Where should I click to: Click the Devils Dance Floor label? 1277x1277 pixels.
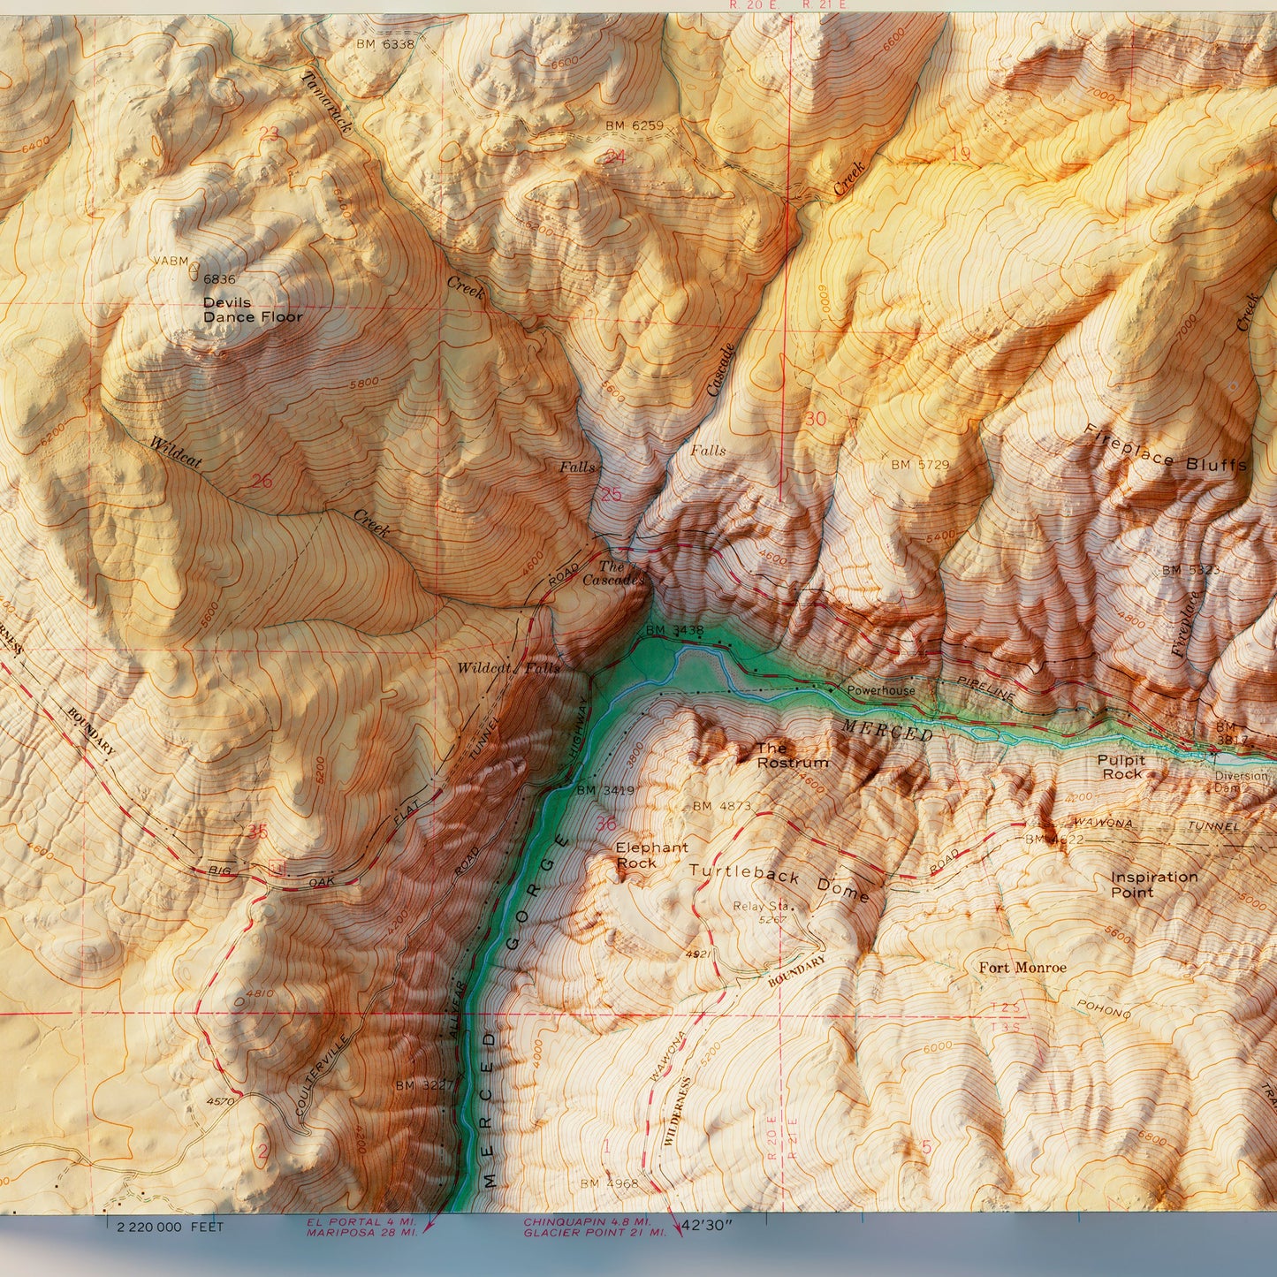pos(252,310)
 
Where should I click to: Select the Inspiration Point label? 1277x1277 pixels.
pos(1153,885)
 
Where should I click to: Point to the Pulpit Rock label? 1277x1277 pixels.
pos(1121,767)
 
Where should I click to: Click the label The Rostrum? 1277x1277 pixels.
pos(792,756)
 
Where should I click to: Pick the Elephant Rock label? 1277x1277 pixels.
pos(651,855)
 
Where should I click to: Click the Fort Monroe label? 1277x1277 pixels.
pos(1022,968)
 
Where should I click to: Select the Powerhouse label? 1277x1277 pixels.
pos(880,690)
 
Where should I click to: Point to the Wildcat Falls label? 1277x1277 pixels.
pos(508,668)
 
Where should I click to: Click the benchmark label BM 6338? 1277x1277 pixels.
pos(384,43)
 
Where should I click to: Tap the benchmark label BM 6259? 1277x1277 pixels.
pos(634,125)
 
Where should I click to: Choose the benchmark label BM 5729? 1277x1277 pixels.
pos(919,465)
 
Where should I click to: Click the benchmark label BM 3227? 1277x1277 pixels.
pos(423,1085)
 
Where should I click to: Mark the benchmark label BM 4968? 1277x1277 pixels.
pos(610,1183)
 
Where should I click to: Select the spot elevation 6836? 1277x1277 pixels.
pos(219,279)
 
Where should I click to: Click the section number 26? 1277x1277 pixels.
pos(262,482)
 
